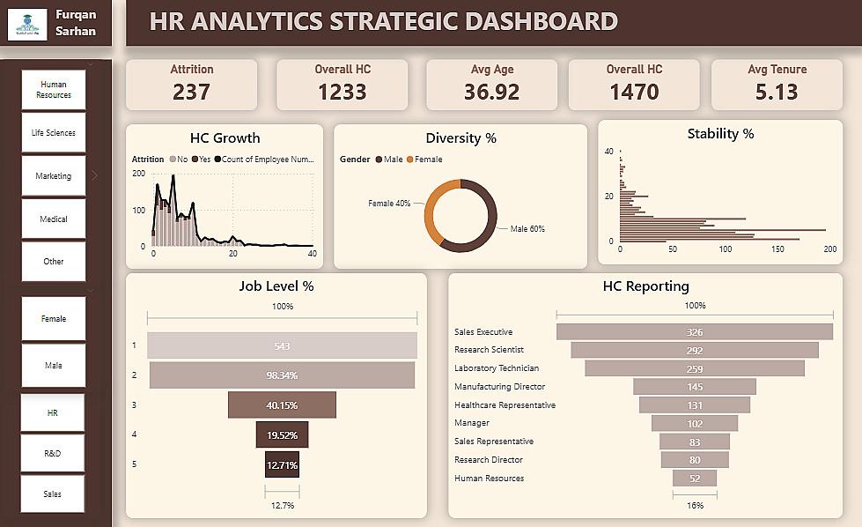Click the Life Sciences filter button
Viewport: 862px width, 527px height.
tap(54, 133)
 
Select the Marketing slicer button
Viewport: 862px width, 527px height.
tap(54, 176)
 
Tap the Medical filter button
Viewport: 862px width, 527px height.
tap(54, 219)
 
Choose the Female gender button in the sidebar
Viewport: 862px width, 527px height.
tap(54, 319)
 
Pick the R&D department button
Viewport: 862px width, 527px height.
tap(54, 453)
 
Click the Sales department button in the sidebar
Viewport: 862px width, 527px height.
tap(54, 494)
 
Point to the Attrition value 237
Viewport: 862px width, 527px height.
tap(191, 91)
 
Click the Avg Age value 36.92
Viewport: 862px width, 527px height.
tap(491, 91)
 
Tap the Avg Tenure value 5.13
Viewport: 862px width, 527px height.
tap(776, 91)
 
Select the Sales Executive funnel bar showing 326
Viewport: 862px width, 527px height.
tap(695, 332)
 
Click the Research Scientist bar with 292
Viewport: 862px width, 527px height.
tap(695, 350)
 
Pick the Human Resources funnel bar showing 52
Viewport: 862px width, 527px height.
tap(695, 479)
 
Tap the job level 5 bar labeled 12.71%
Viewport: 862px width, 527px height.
tap(282, 464)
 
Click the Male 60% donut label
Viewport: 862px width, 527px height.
tap(527, 229)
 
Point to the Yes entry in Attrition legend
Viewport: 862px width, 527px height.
tap(201, 160)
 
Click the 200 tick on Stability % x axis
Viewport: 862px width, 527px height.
tap(830, 250)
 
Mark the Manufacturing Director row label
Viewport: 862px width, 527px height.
tap(499, 387)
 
